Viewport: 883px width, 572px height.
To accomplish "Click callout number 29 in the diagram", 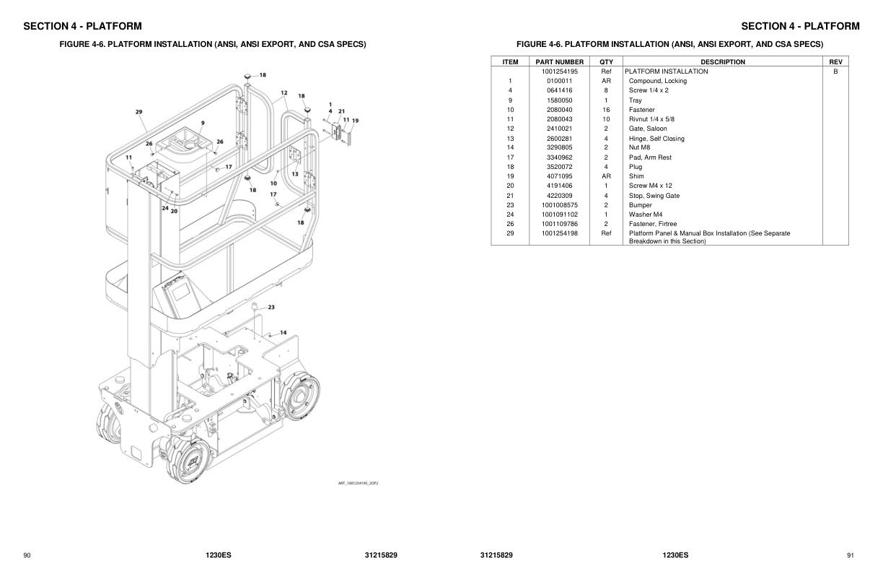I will coord(139,112).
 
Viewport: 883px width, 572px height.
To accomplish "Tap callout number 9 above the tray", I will coord(203,123).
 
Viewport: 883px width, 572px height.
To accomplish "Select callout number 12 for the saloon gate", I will coord(284,93).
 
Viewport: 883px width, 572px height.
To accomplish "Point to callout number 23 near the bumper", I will coord(271,308).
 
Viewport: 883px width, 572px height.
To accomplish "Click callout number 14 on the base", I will coord(284,333).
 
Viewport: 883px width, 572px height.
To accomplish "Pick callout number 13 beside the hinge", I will coord(295,174).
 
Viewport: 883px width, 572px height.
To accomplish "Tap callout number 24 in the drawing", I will coord(165,209).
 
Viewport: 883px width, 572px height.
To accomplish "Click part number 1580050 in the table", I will coord(559,100).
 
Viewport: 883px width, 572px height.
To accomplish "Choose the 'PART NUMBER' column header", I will coord(559,62).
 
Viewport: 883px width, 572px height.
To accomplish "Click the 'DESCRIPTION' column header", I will coord(722,62).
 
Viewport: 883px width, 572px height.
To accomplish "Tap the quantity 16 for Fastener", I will coord(606,110).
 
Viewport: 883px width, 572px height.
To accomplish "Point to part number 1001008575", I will coord(559,205).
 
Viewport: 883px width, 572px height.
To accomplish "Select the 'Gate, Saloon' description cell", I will coord(648,129).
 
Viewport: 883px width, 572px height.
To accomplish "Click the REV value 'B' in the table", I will coord(835,71).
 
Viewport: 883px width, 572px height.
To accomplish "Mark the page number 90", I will coord(27,555).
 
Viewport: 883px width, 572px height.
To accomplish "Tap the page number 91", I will coord(851,555).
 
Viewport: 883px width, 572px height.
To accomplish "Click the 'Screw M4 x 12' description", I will coord(650,186).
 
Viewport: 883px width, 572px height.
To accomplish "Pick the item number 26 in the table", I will coord(510,224).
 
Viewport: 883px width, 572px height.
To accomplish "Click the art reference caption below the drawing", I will coord(358,483).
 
